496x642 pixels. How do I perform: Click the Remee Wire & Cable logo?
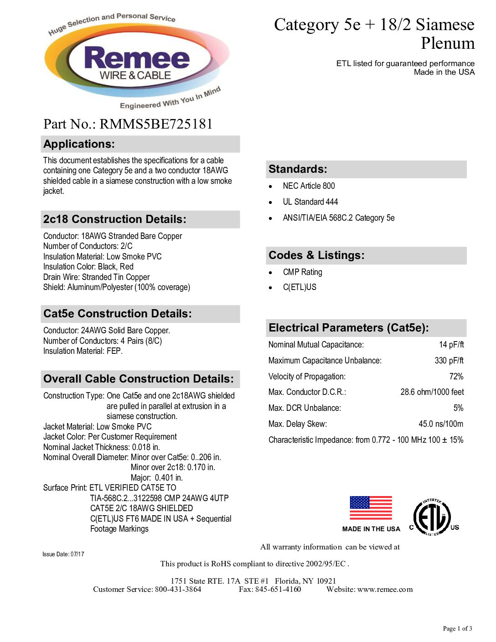pyautogui.click(x=137, y=62)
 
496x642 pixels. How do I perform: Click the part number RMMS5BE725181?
pyautogui.click(x=156, y=124)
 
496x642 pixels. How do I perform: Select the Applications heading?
pyautogui.click(x=79, y=144)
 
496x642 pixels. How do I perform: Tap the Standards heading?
pyautogui.click(x=298, y=169)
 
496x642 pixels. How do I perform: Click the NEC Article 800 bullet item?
pyautogui.click(x=309, y=186)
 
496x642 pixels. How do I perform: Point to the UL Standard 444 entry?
pyautogui.click(x=310, y=202)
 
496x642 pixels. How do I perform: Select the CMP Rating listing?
pyautogui.click(x=302, y=272)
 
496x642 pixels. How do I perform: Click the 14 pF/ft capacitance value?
pyautogui.click(x=451, y=345)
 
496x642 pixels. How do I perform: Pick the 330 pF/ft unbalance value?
pyautogui.click(x=449, y=361)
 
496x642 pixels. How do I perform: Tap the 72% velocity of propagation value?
pyautogui.click(x=456, y=377)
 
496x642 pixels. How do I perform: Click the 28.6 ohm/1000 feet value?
pyautogui.click(x=432, y=392)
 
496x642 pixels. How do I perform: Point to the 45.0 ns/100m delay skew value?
pyautogui.click(x=441, y=424)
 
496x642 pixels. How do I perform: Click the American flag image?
pyautogui.click(x=371, y=508)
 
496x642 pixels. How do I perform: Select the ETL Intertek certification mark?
pyautogui.click(x=432, y=518)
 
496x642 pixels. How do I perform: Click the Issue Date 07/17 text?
pyautogui.click(x=63, y=554)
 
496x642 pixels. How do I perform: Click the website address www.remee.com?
pyautogui.click(x=385, y=590)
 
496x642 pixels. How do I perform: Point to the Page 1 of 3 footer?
pyautogui.click(x=457, y=629)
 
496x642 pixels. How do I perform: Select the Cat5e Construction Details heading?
pyautogui.click(x=118, y=314)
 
